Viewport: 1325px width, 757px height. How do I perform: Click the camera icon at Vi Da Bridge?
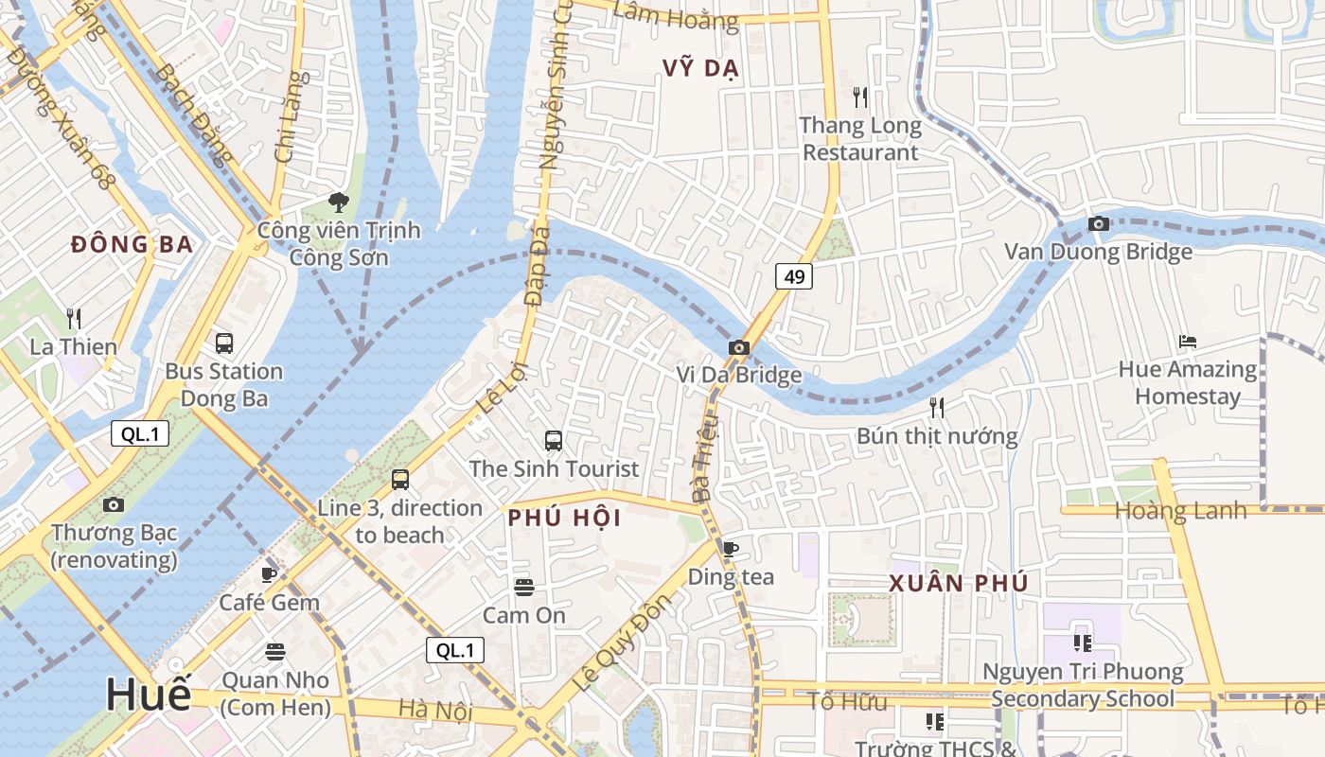(x=739, y=348)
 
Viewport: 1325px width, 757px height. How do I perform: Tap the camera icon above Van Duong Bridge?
(x=1099, y=224)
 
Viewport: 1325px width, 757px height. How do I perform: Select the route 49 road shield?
(x=794, y=276)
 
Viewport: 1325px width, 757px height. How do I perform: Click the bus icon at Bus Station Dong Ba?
(x=224, y=343)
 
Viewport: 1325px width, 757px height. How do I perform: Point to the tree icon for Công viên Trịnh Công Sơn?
(x=338, y=202)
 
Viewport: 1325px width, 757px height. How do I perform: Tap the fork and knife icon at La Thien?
(x=73, y=319)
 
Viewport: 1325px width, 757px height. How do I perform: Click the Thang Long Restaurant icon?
(x=859, y=97)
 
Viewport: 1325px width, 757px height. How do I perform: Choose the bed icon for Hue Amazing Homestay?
(x=1188, y=342)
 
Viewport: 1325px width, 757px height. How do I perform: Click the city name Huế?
(x=148, y=694)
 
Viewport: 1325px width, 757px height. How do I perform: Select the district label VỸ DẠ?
(x=700, y=69)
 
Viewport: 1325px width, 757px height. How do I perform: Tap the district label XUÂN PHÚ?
(x=958, y=583)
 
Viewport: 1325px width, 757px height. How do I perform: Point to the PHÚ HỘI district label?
(x=564, y=518)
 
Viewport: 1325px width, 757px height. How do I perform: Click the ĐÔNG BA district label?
(x=132, y=245)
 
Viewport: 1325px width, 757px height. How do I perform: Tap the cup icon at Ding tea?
(x=730, y=549)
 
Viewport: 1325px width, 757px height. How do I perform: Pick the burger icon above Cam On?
(x=524, y=588)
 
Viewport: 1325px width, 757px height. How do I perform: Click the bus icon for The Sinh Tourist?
(x=554, y=441)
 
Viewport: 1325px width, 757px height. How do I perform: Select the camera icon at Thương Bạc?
(x=114, y=505)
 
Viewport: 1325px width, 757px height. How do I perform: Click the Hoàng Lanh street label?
(x=1181, y=511)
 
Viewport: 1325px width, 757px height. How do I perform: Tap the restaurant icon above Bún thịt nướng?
(x=937, y=408)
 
